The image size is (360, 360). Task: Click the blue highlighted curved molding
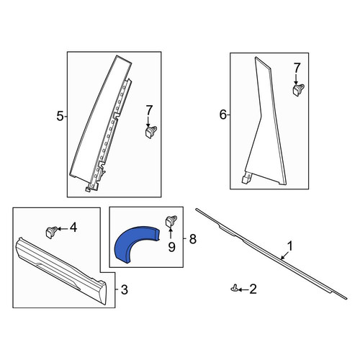click(x=125, y=243)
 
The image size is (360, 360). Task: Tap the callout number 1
click(x=290, y=246)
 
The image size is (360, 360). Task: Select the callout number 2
click(x=253, y=289)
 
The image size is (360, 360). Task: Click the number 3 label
click(x=125, y=290)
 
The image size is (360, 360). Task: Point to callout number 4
click(x=73, y=227)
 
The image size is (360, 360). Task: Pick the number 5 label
click(x=60, y=116)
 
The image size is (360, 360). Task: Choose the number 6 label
click(x=223, y=114)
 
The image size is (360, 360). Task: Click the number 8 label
click(x=193, y=239)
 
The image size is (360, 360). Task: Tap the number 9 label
click(x=171, y=247)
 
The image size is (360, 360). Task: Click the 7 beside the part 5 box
click(x=149, y=111)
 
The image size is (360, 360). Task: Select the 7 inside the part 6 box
click(x=297, y=68)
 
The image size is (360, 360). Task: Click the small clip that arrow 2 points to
click(x=235, y=288)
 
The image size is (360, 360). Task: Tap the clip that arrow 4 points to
click(x=51, y=232)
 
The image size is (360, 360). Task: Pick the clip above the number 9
click(x=171, y=220)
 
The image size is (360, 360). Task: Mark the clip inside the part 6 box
click(x=298, y=89)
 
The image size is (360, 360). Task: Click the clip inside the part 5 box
click(x=151, y=132)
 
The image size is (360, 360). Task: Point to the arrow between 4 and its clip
click(x=63, y=229)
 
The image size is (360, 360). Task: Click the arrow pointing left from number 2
click(x=243, y=290)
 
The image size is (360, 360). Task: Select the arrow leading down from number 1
click(x=284, y=256)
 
